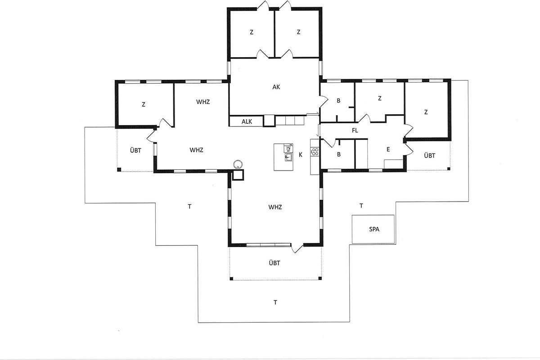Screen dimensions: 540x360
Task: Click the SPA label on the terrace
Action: click(374, 229)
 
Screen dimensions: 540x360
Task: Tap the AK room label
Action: click(276, 87)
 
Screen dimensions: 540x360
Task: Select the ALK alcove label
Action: click(247, 121)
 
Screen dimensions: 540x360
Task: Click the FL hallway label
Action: click(355, 130)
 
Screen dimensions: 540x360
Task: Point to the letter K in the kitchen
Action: click(301, 155)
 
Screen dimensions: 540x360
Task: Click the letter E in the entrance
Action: click(388, 149)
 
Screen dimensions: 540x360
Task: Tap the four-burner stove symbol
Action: click(315, 152)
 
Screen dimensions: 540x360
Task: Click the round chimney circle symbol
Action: click(238, 164)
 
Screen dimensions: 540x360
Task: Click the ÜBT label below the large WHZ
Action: click(274, 263)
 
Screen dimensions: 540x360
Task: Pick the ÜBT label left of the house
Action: click(135, 150)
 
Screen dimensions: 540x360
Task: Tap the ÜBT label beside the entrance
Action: click(430, 156)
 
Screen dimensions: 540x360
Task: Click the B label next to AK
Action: click(338, 101)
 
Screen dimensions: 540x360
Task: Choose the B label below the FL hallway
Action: click(339, 154)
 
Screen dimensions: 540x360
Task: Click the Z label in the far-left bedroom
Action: click(144, 104)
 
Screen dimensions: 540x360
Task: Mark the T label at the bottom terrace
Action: click(275, 302)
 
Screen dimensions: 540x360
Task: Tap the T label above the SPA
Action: click(361, 206)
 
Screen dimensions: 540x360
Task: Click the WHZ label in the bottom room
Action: click(275, 207)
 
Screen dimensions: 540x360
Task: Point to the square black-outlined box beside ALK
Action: click(269, 121)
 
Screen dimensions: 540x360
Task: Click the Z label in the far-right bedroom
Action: click(426, 112)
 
